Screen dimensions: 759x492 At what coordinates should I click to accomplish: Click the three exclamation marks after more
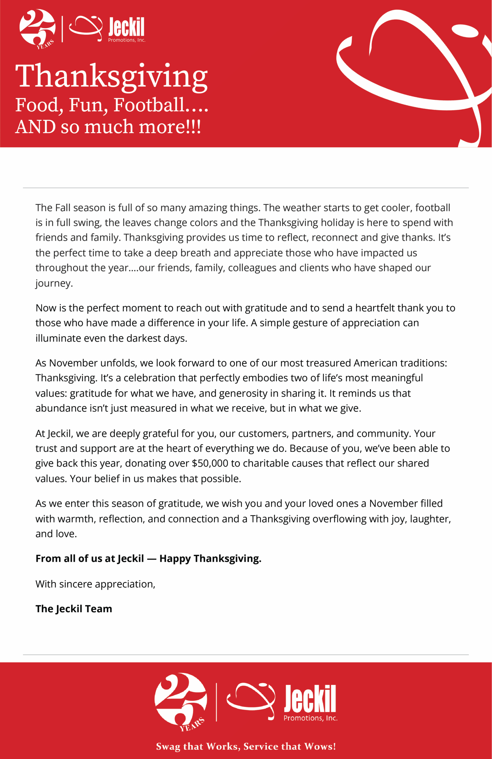point(194,127)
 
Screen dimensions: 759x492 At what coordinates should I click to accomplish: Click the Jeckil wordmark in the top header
point(126,27)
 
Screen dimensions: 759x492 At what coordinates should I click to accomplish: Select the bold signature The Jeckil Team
point(74,609)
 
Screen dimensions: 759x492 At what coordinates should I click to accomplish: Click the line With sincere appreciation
point(95,584)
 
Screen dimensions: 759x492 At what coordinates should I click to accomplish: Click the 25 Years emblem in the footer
point(181,701)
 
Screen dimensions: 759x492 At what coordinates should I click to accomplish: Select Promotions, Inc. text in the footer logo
point(311,718)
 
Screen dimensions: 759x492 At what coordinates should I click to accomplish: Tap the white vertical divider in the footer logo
point(216,702)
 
